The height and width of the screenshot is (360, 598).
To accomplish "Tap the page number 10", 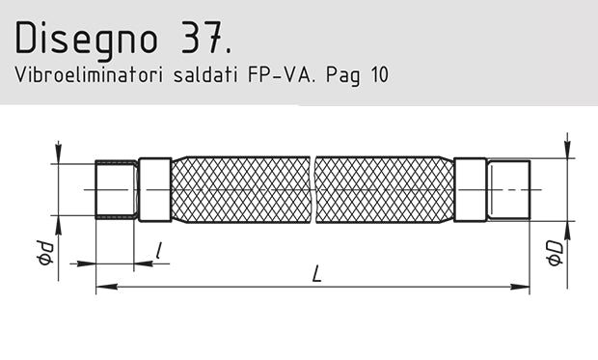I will tap(376, 74).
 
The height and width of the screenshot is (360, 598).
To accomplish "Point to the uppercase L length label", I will tap(315, 274).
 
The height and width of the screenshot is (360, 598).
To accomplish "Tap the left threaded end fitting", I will tap(117, 190).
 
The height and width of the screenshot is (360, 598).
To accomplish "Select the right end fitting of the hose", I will tap(508, 190).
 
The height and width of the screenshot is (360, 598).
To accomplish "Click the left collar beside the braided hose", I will tap(154, 190).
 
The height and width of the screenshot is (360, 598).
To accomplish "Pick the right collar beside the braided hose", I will tap(470, 190).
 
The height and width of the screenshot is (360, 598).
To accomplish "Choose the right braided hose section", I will tap(383, 190).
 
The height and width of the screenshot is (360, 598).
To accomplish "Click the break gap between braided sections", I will tap(313, 190).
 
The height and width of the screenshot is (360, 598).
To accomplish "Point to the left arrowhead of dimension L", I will tap(101, 287).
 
